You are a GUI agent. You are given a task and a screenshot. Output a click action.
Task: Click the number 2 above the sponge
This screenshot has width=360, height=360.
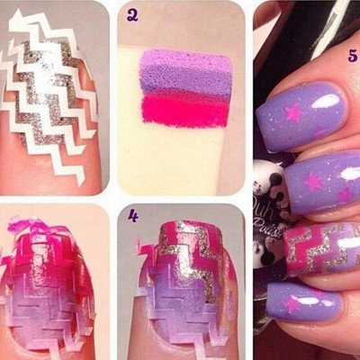[132, 14]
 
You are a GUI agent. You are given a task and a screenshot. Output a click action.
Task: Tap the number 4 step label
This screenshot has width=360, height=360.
[133, 216]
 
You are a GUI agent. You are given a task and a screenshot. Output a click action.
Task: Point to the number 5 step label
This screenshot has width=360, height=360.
[352, 54]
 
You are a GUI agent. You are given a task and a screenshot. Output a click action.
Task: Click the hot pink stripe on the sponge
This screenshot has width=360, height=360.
[184, 109]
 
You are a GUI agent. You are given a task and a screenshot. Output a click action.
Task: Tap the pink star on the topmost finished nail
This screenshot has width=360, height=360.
[293, 114]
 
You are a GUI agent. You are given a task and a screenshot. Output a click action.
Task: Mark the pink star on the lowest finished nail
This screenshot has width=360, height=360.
[294, 304]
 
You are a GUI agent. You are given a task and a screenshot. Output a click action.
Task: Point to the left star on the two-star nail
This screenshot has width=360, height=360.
[312, 182]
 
